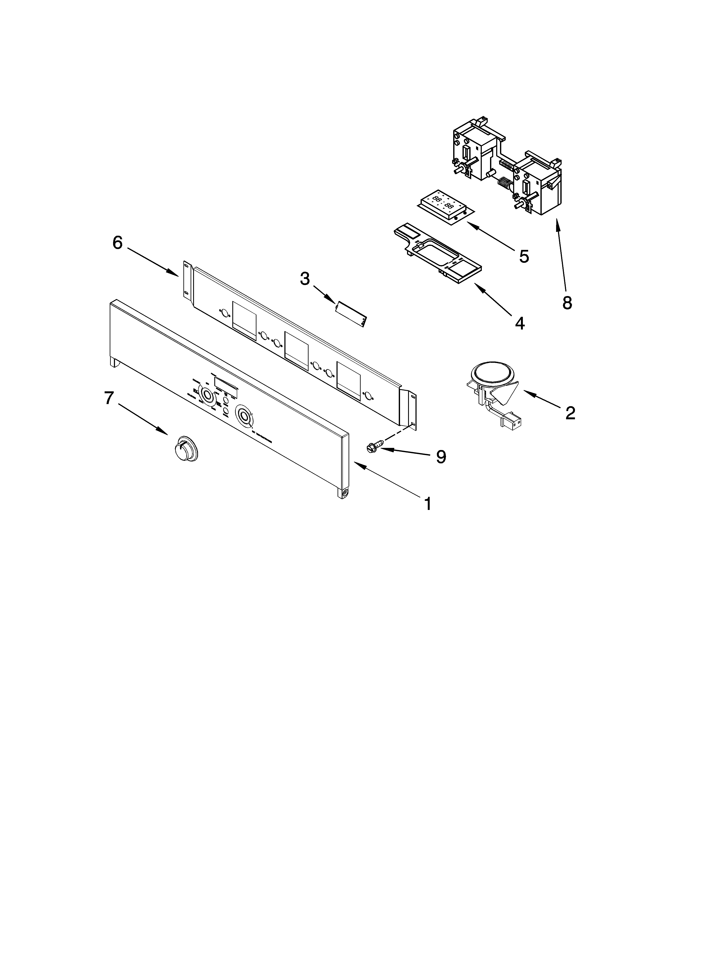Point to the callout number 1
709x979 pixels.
[x=428, y=503]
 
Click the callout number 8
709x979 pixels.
[x=567, y=303]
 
